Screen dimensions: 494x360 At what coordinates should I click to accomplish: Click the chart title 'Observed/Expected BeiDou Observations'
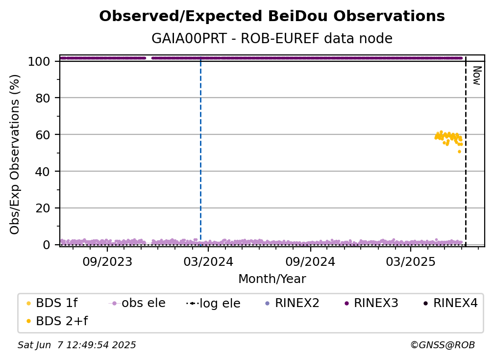coord(272,16)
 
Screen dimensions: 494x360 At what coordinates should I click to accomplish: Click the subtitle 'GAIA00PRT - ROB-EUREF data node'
coord(272,38)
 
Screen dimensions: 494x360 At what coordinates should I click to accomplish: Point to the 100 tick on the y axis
coord(39,61)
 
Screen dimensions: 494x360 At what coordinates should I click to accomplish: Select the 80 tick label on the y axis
coord(43,98)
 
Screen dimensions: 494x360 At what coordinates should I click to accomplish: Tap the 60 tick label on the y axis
coord(43,135)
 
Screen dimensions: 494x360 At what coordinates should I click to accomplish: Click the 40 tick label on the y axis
coord(43,172)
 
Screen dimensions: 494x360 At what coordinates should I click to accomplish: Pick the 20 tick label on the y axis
coord(43,208)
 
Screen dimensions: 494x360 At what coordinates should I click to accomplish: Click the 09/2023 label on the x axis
coord(107,261)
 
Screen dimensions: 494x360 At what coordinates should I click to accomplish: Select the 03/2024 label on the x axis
coord(208,261)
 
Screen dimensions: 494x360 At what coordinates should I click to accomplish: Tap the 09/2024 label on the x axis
coord(310,261)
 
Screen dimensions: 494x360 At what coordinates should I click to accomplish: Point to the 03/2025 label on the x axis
coord(411,261)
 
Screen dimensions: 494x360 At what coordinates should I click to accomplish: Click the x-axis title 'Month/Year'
coord(272,279)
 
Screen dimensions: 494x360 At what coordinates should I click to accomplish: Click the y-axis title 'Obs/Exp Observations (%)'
coord(15,154)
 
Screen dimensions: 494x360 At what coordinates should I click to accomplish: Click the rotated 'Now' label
coord(477,76)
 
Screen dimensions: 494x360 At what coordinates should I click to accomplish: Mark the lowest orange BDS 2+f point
coord(459,152)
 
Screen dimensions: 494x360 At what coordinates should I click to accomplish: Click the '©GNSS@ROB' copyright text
coord(443,345)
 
